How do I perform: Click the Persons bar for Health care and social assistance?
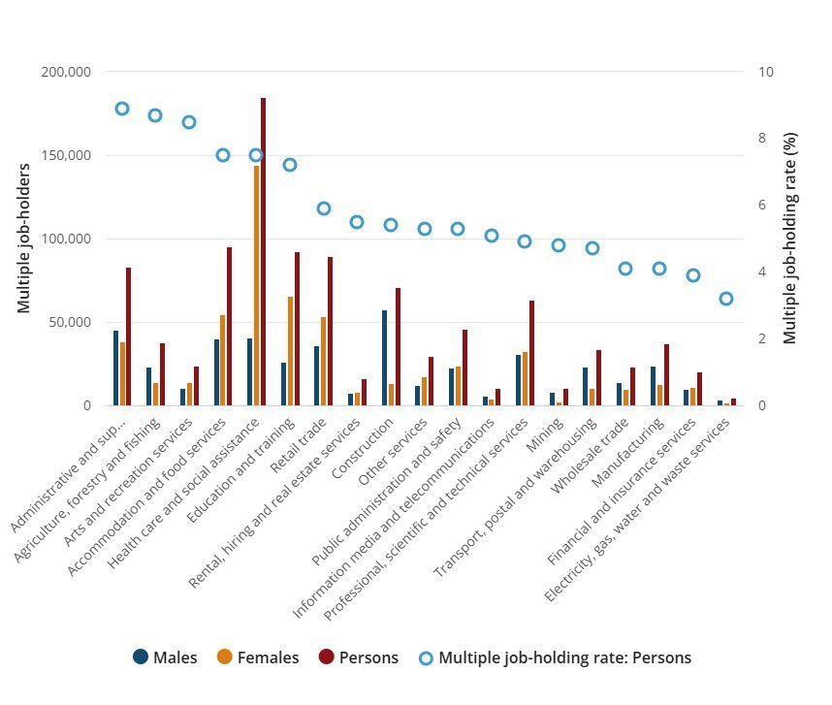263,252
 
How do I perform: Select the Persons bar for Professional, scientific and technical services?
531,353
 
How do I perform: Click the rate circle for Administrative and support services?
122,109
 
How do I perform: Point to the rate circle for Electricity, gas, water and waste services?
726,299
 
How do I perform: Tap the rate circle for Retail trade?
324,208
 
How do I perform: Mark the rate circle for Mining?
559,245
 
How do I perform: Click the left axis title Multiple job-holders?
24,239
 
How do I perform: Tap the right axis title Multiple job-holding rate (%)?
790,239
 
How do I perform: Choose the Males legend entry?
165,657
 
